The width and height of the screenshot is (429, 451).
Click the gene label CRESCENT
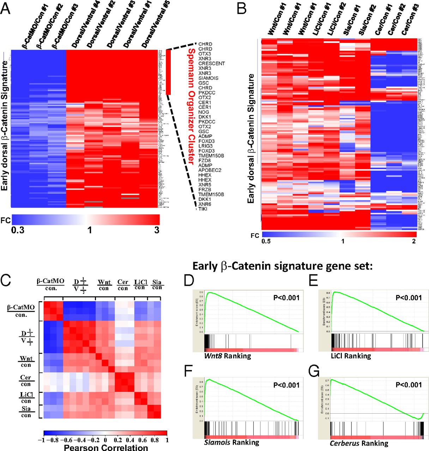click(x=211, y=63)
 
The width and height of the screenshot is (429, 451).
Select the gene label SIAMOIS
click(x=208, y=78)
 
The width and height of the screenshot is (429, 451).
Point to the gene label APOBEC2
click(x=210, y=170)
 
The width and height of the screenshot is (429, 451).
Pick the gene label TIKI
click(x=203, y=209)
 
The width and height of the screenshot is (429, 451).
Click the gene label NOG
click(x=204, y=112)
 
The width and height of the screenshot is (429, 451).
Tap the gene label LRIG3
click(x=205, y=146)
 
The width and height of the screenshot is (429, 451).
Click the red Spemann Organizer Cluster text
click(x=191, y=106)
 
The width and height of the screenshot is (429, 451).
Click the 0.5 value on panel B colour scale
click(x=266, y=241)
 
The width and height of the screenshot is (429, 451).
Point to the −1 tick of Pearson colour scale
click(x=44, y=440)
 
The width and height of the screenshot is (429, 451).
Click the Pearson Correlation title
click(x=106, y=447)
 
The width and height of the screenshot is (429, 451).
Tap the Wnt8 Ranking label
click(x=227, y=356)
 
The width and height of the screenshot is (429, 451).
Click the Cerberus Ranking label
click(x=359, y=443)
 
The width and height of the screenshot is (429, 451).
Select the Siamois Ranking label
click(x=231, y=442)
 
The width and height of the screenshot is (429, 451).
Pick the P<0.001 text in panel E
click(x=409, y=298)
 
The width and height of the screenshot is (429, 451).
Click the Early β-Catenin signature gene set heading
click(x=282, y=266)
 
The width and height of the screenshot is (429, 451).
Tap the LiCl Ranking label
click(x=351, y=356)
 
